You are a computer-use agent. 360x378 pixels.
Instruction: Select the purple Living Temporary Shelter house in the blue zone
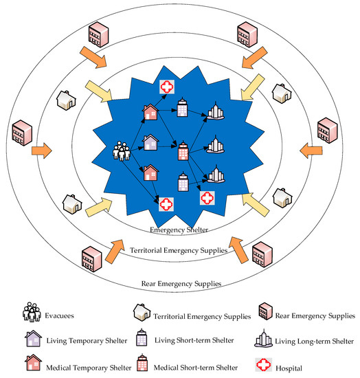click(x=151, y=142)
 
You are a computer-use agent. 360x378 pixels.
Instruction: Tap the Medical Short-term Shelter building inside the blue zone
click(x=183, y=151)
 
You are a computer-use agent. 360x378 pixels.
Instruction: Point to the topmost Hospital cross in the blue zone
click(x=167, y=86)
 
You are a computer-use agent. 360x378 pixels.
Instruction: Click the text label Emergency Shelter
click(x=179, y=230)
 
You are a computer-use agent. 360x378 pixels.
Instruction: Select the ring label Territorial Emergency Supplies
click(x=179, y=251)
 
